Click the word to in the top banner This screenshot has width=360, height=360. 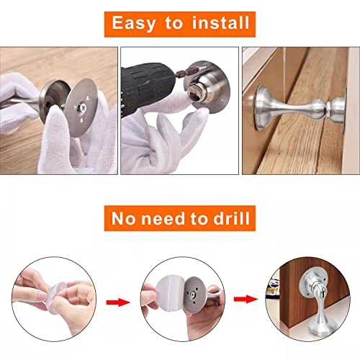point(175,24)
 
